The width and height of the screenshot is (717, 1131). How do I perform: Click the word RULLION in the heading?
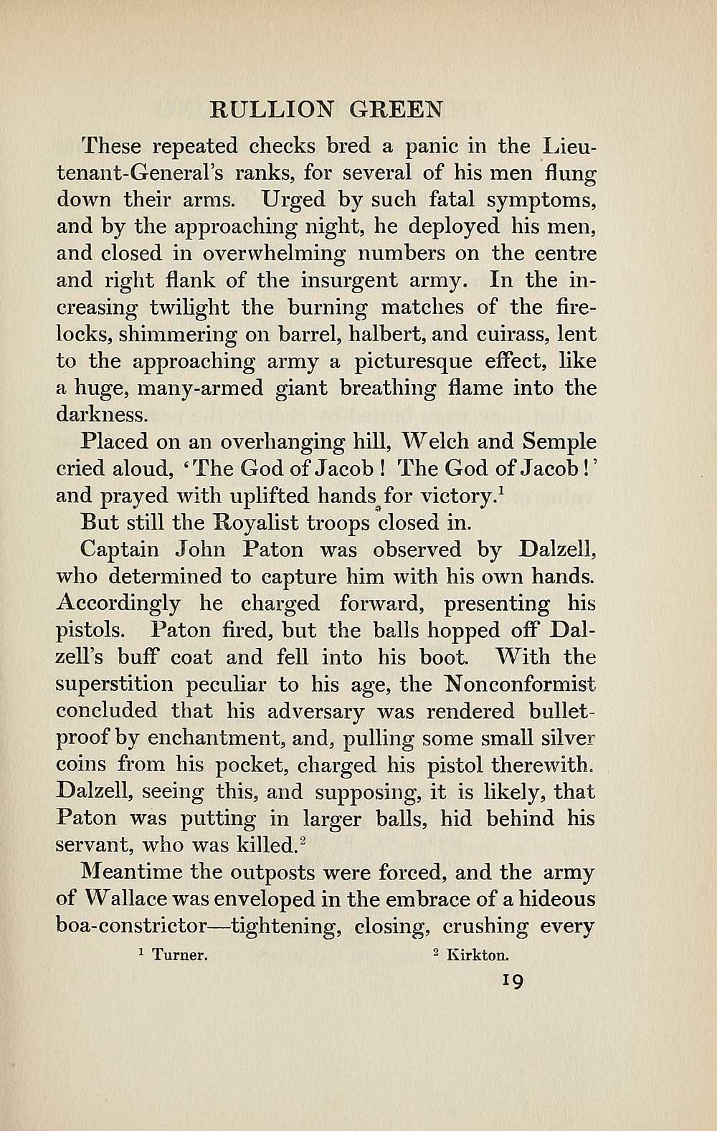point(271,109)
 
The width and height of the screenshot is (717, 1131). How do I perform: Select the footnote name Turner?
point(181,955)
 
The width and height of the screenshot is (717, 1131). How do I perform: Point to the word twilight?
point(189,308)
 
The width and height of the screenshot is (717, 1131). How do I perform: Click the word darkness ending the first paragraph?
point(101,415)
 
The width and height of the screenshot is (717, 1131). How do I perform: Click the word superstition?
point(113,684)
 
